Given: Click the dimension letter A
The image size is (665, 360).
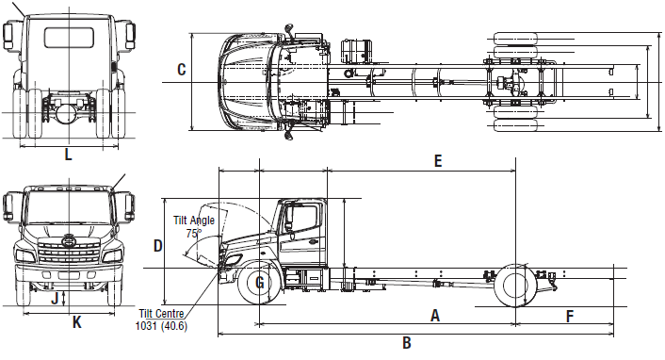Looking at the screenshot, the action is pyautogui.click(x=435, y=316).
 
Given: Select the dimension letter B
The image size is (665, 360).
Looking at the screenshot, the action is pyautogui.click(x=407, y=343).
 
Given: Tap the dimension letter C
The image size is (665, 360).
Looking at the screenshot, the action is pyautogui.click(x=182, y=70).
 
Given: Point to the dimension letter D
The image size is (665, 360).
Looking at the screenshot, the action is pyautogui.click(x=157, y=246).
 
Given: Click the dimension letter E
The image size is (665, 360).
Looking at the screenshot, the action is pyautogui.click(x=438, y=161).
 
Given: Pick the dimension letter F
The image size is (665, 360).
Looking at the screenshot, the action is pyautogui.click(x=570, y=317).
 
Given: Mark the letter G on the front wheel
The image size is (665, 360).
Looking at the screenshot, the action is pyautogui.click(x=260, y=283).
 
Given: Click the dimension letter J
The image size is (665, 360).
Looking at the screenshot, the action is pyautogui.click(x=55, y=299).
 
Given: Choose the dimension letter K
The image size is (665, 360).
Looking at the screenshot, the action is pyautogui.click(x=76, y=322).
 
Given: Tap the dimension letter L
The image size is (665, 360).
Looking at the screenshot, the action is pyautogui.click(x=68, y=155).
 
